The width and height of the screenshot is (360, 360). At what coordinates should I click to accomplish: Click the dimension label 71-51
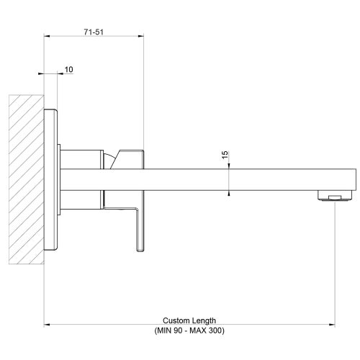coord(93,32)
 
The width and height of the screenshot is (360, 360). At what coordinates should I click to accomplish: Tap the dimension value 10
coord(68,69)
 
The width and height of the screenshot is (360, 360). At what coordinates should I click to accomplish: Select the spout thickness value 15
coord(225,155)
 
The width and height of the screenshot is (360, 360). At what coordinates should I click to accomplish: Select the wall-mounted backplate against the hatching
coord(51,180)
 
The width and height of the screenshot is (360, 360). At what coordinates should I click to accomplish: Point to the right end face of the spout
coord(356,180)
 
